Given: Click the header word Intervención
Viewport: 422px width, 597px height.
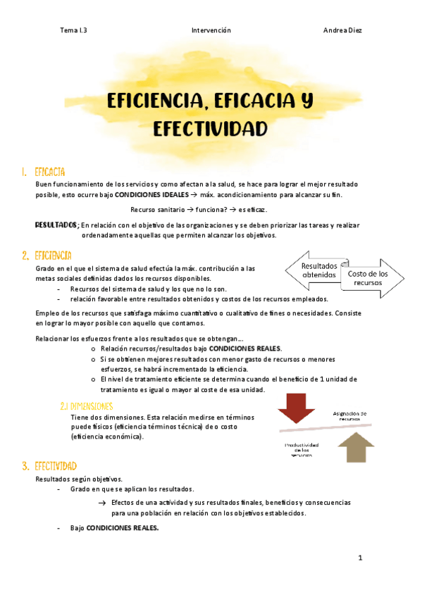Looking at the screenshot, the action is (211, 30).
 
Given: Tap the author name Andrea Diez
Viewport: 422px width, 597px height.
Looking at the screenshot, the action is (342, 30).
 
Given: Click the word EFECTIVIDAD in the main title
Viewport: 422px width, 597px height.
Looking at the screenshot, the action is (211, 130).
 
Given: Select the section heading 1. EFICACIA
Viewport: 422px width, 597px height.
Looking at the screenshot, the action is (44, 172).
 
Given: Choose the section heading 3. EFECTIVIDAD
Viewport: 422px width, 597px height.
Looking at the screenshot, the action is (49, 466).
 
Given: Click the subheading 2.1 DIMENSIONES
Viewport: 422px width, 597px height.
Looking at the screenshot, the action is (87, 406).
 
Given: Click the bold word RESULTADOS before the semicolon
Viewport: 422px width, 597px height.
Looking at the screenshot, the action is (56, 224).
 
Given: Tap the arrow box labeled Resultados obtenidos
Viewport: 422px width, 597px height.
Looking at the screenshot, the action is (316, 270).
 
